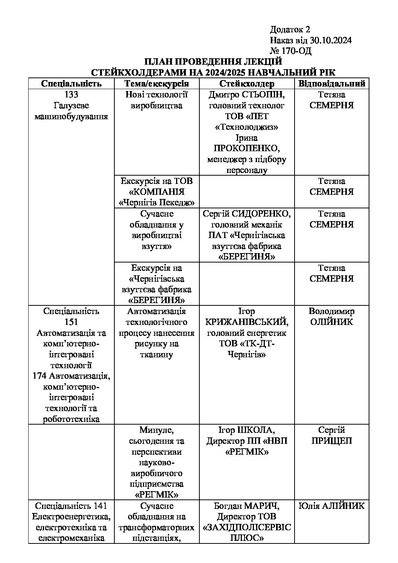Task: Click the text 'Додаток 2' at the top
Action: (x=290, y=30)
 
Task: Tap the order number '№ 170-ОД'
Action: (x=290, y=51)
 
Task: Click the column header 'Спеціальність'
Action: (x=71, y=83)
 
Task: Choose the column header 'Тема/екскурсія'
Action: (x=156, y=83)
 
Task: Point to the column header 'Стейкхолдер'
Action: (x=247, y=83)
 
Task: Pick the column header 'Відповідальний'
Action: (x=331, y=83)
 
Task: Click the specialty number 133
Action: (x=71, y=94)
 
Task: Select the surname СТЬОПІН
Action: (x=264, y=94)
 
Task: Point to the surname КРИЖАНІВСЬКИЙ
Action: (x=246, y=322)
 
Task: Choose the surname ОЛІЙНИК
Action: (x=331, y=322)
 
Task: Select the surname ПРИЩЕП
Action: (x=331, y=441)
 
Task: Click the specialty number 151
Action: (x=71, y=322)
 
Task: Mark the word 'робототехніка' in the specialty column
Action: (x=71, y=419)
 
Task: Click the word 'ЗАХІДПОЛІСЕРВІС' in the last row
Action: (x=247, y=527)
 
